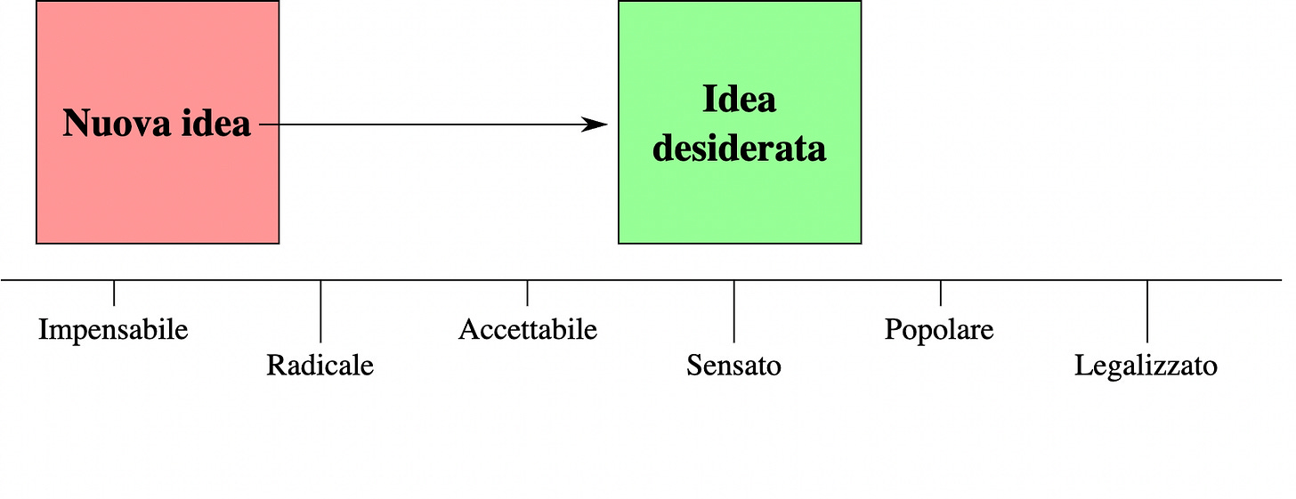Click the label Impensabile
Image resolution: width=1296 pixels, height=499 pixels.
coord(113,330)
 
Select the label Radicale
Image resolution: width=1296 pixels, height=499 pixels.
coord(320,366)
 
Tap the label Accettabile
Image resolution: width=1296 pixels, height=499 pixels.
coord(527,330)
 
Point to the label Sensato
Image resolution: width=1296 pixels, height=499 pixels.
coord(733,366)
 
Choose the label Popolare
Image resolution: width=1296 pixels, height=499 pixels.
coord(939,330)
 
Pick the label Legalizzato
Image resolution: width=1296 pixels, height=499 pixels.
coord(1146,366)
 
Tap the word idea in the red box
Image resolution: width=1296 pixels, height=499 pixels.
coord(215,125)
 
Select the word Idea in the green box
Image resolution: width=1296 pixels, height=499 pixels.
coord(739,100)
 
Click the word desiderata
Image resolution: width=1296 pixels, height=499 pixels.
coord(739,148)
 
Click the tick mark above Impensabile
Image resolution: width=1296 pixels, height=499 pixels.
coord(114,293)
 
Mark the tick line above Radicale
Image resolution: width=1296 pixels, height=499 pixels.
coord(320,310)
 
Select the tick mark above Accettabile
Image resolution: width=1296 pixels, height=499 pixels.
coord(527,293)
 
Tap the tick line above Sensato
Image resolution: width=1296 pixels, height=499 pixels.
coord(733,310)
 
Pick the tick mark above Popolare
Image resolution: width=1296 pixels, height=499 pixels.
coord(940,293)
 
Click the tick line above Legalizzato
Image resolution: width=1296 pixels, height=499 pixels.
coord(1146,310)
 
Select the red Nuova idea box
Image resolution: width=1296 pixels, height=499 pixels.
coord(157,196)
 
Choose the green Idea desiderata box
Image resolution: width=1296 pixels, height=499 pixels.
coord(739,205)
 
